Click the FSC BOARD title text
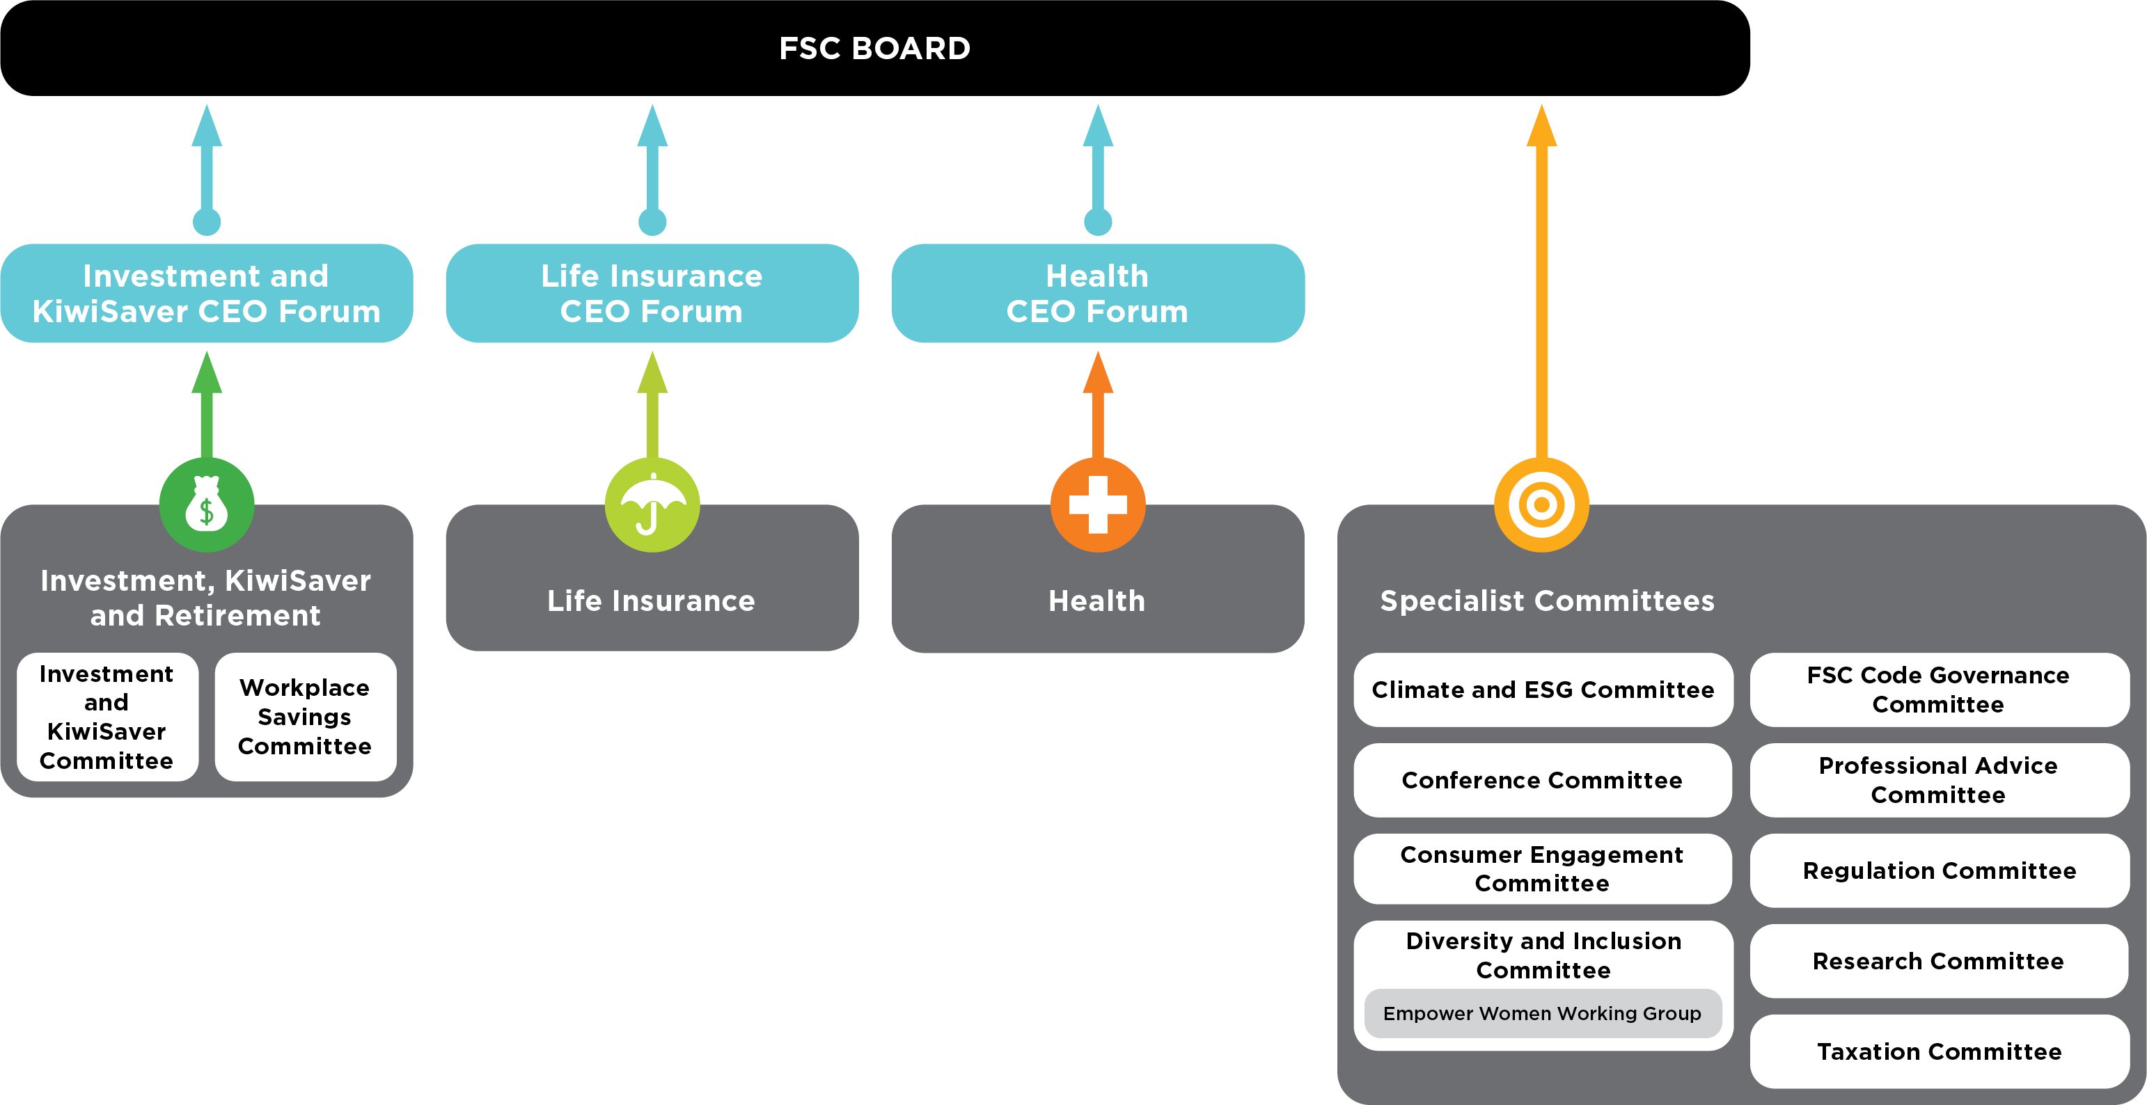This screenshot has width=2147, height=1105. click(874, 48)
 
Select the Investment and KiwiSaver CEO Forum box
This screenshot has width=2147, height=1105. click(207, 294)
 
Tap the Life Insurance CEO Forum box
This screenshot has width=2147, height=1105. click(652, 294)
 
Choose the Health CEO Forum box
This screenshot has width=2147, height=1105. click(1097, 294)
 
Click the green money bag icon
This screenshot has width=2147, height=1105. click(207, 505)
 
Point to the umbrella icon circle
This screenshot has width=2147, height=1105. click(652, 505)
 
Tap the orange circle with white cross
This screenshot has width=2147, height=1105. click(1098, 505)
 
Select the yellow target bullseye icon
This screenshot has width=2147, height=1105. click(1541, 505)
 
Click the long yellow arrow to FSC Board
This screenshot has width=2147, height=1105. click(1541, 292)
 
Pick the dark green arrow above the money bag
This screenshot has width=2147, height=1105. click(207, 408)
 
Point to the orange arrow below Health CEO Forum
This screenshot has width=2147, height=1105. click(1098, 408)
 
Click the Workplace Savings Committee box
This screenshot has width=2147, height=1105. click(305, 717)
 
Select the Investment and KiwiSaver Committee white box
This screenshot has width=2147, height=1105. click(107, 717)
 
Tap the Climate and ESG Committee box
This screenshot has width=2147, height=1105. click(1543, 690)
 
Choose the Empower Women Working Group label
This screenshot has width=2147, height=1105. click(1542, 1013)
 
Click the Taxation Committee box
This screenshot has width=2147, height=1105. click(1939, 1051)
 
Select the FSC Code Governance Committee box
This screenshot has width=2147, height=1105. click(1939, 690)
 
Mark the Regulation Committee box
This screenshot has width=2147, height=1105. click(1939, 871)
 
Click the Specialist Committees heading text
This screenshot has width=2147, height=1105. click(1547, 601)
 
